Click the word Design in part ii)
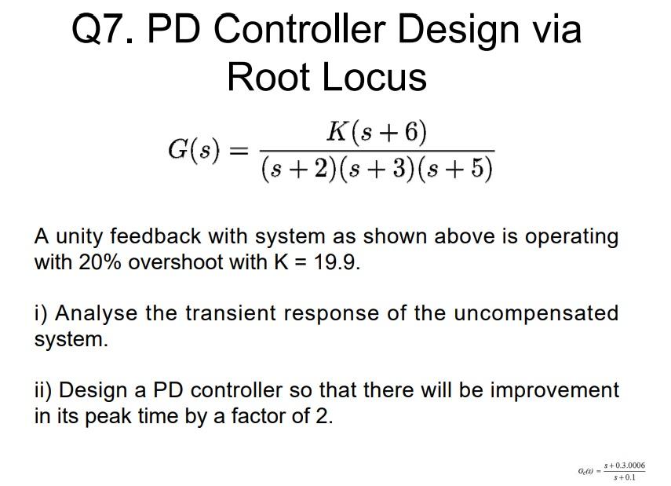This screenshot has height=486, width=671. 94,390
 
